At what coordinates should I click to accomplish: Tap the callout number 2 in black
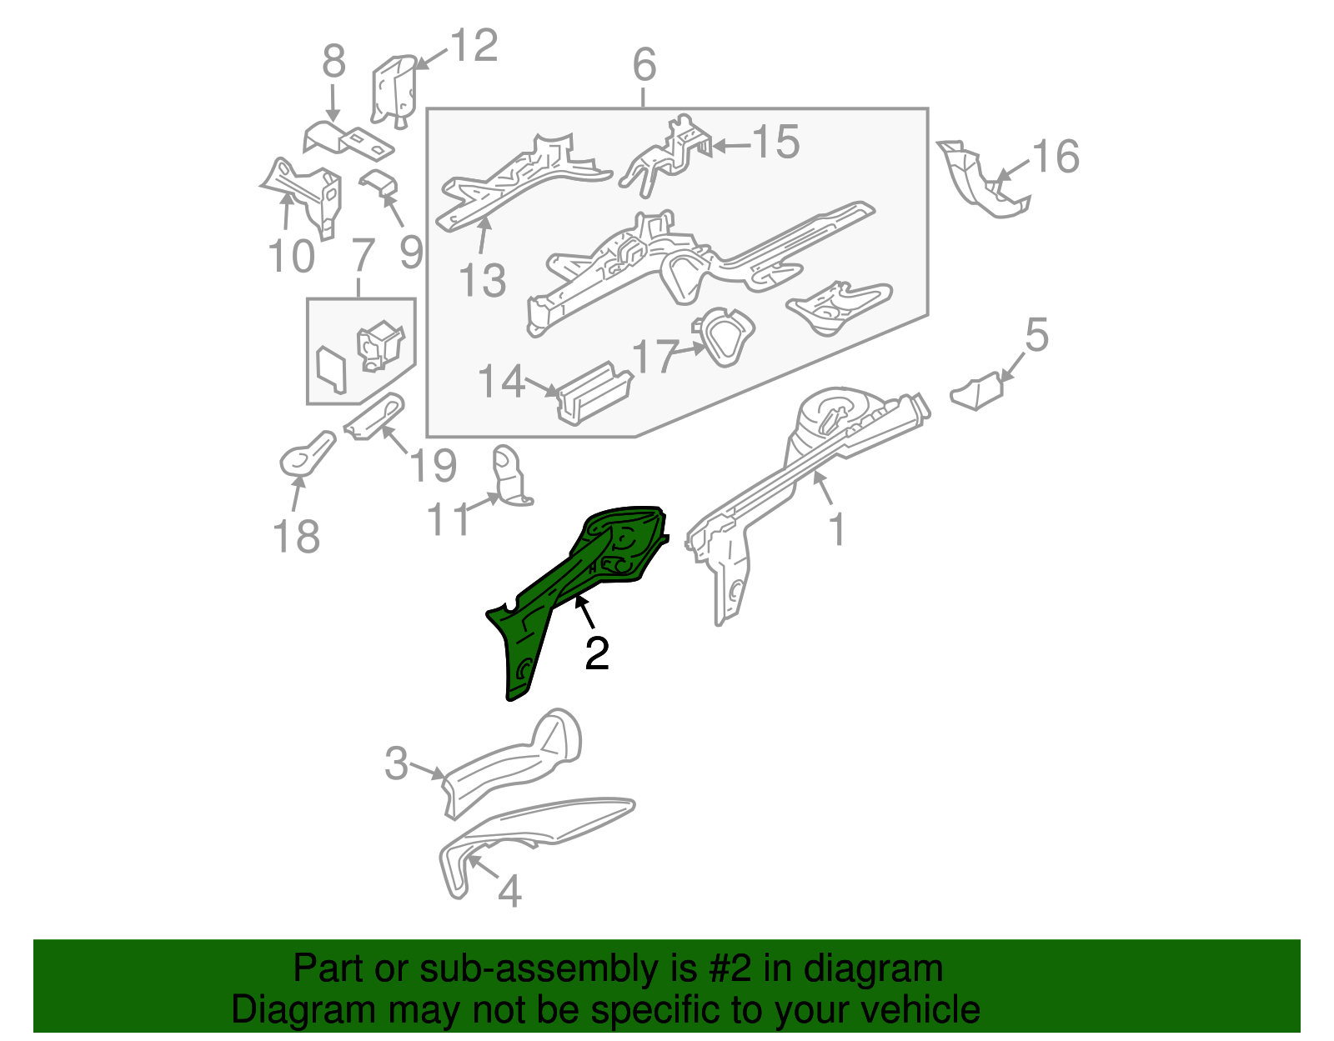tap(597, 654)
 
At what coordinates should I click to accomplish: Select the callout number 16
tap(1056, 156)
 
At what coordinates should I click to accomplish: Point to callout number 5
tap(1037, 335)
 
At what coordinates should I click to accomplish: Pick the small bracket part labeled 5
tap(976, 392)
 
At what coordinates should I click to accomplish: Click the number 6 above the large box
tap(644, 64)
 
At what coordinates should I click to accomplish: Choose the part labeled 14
tap(594, 393)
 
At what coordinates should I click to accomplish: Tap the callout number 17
tap(654, 357)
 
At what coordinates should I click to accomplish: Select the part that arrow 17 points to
tap(723, 337)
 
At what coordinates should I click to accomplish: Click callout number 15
tap(776, 142)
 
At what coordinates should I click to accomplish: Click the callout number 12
tap(474, 45)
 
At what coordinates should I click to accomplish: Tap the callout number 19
tap(433, 466)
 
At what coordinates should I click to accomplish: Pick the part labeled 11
tap(511, 475)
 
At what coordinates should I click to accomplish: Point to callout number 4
tap(510, 891)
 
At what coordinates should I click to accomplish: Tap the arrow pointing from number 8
tap(333, 103)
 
